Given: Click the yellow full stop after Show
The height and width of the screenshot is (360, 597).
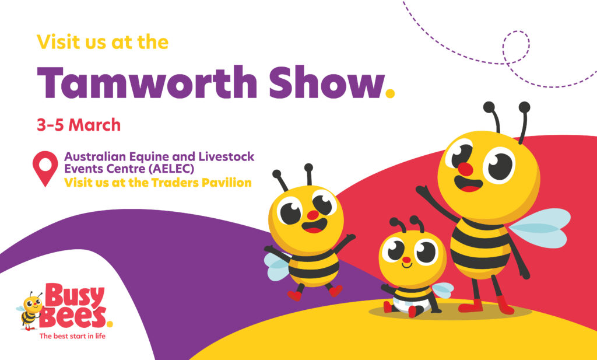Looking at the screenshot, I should tap(391, 93).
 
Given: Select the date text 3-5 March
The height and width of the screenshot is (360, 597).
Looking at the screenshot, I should tap(78, 125).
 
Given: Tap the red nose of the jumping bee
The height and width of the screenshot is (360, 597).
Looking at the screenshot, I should tap(312, 215).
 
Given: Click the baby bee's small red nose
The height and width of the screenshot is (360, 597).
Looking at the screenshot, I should tap(406, 260).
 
